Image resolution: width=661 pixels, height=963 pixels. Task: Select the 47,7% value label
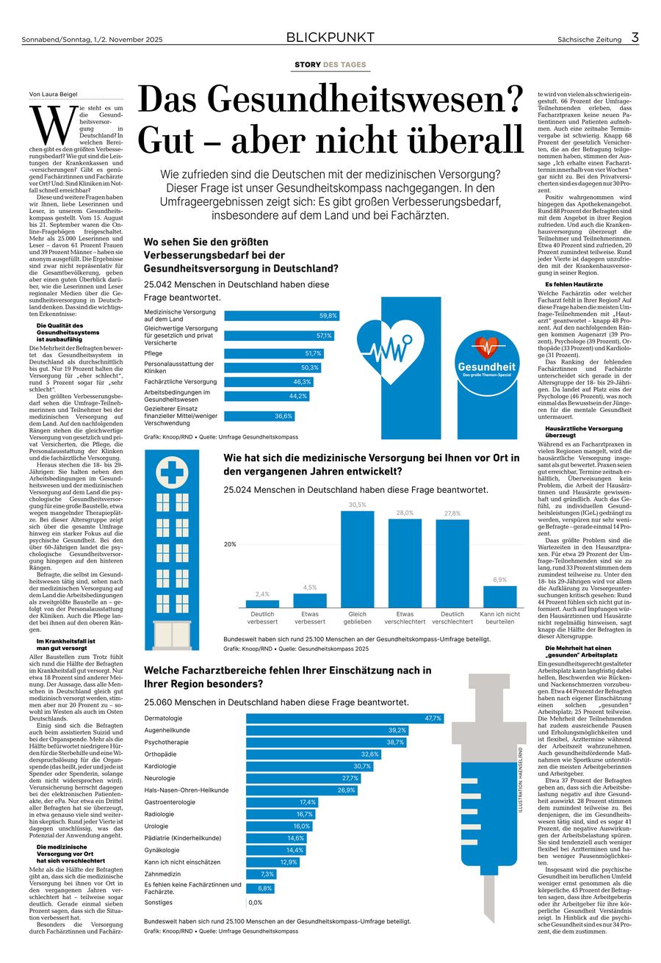tap(433, 718)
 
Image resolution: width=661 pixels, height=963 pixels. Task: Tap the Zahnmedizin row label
tap(162, 873)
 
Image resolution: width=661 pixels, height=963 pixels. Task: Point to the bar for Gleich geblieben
tap(358, 558)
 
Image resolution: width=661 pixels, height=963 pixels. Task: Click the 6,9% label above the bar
tap(499, 580)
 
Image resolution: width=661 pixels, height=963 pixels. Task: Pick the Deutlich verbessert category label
tap(262, 617)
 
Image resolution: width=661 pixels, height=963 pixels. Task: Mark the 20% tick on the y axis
tap(230, 544)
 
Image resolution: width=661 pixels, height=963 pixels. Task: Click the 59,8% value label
tap(328, 315)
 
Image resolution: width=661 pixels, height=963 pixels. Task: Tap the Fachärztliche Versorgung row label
tap(180, 381)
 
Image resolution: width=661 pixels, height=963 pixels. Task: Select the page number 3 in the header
tap(634, 37)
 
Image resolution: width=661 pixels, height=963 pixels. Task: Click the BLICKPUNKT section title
tap(330, 37)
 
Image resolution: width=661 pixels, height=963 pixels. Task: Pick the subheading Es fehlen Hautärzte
tap(574, 284)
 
